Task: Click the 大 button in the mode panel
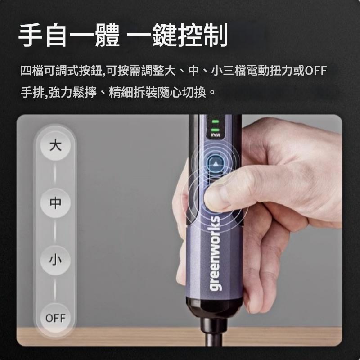tap(55, 145)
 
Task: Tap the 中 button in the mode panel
tap(55, 203)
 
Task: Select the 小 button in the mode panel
tap(55, 261)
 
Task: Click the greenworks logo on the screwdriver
tap(215, 253)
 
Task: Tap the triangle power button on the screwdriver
tap(216, 164)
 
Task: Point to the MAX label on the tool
tap(215, 135)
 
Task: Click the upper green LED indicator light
tap(215, 121)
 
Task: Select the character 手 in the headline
tap(31, 35)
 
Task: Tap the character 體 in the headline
tap(107, 35)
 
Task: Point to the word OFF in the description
tap(315, 71)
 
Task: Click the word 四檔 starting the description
tap(32, 71)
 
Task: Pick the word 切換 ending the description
tap(194, 93)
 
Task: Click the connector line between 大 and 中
tap(55, 174)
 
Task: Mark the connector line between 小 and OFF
tap(55, 289)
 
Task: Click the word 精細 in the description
tap(121, 93)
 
